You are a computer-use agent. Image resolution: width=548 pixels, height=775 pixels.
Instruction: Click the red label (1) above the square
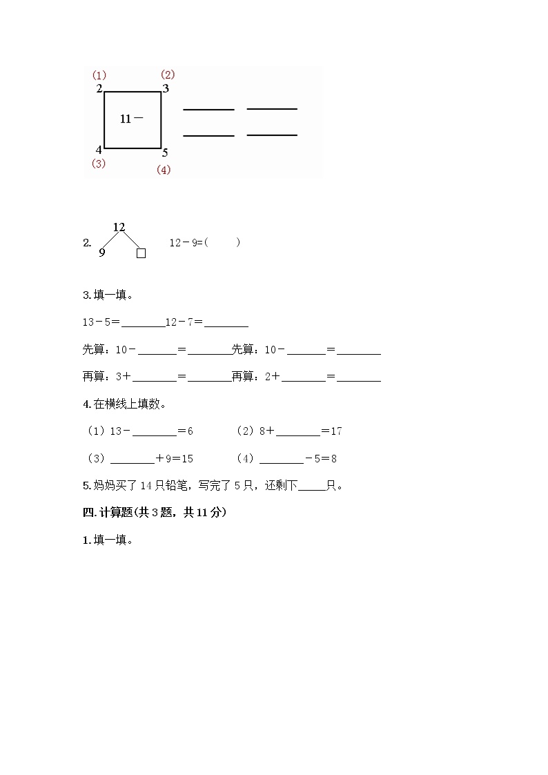point(99,75)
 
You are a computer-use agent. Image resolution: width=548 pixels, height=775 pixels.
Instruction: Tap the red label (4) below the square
point(164,170)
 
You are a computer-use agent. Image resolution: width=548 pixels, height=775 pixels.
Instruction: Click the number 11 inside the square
point(125,119)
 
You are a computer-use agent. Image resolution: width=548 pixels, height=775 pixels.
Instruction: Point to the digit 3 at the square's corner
point(166,88)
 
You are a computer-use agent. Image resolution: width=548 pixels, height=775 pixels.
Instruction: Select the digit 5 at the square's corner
point(165,153)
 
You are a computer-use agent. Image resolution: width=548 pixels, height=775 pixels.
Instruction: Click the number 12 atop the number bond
point(119,227)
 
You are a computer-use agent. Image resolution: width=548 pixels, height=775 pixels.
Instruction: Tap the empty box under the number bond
point(141,253)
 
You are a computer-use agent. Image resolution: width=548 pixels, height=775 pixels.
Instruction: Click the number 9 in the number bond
point(102,253)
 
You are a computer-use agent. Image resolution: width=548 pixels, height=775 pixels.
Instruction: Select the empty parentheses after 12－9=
point(222,243)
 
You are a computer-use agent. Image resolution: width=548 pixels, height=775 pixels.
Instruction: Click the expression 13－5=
point(101,322)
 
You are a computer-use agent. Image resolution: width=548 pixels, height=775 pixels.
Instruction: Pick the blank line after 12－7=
point(226,324)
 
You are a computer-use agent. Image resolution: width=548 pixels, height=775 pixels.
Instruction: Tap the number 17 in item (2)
point(336,431)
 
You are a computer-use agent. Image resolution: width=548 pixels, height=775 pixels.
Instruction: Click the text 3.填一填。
point(108,295)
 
